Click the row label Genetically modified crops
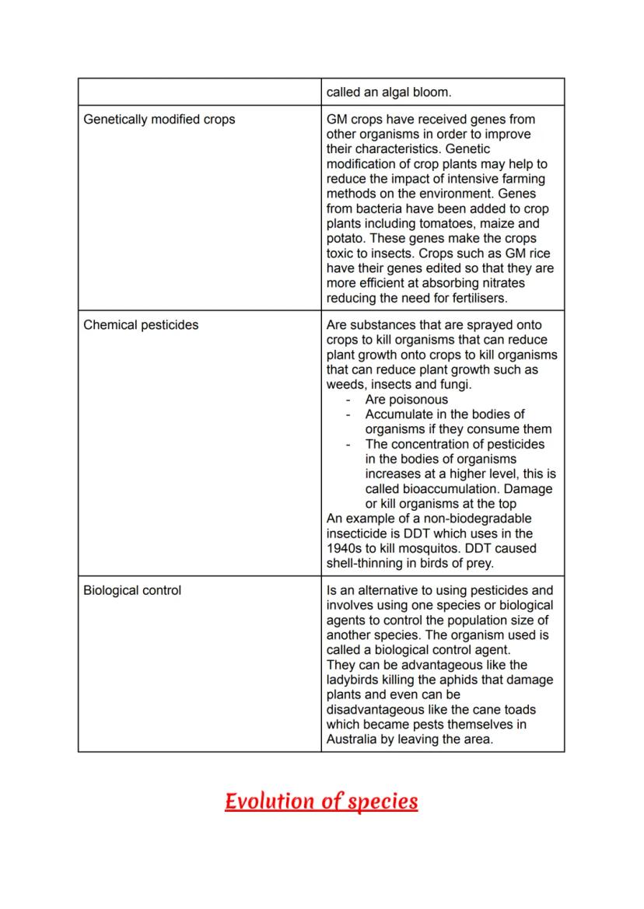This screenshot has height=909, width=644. [159, 120]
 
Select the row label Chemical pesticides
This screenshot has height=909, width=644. [141, 325]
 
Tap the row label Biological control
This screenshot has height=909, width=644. [132, 590]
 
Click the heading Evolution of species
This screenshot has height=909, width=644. [321, 801]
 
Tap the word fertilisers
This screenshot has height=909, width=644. [474, 298]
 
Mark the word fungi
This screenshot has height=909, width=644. [452, 385]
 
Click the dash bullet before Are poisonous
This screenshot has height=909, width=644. [349, 400]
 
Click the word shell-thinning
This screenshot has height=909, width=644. [365, 563]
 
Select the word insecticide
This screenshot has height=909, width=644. [361, 533]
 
